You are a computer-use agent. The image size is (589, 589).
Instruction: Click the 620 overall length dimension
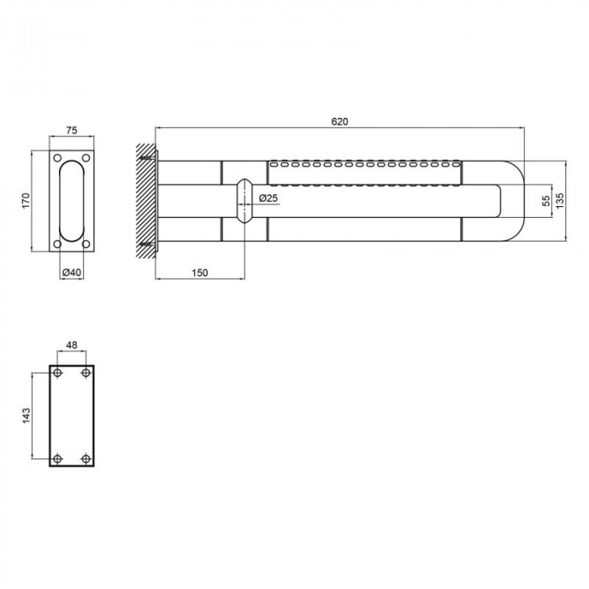point(340,122)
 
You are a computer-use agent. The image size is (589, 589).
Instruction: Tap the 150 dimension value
point(199,273)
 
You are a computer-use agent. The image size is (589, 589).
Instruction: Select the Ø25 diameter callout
point(268,198)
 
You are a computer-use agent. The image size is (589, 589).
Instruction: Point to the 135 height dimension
point(560,201)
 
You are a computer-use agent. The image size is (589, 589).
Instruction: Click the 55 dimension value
point(547,201)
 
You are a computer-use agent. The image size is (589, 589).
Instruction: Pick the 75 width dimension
point(72,130)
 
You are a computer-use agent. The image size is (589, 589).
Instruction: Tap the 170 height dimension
point(25,201)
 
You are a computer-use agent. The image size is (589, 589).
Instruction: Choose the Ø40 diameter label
point(72,273)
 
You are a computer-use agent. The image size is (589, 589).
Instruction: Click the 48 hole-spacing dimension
point(72,345)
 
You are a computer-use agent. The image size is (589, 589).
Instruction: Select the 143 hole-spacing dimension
point(26,416)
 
